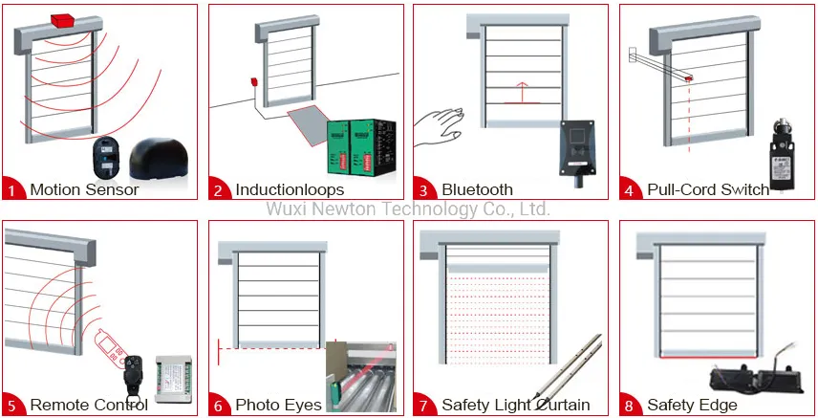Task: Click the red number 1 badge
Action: click(12, 189)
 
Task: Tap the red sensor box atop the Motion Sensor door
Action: click(65, 20)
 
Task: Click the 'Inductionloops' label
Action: click(290, 189)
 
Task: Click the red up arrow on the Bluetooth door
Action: click(521, 92)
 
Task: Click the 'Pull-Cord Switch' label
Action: click(708, 189)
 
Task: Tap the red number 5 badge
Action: click(12, 405)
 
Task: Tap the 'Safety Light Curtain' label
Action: click(515, 405)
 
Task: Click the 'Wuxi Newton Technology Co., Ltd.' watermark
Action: click(407, 209)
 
